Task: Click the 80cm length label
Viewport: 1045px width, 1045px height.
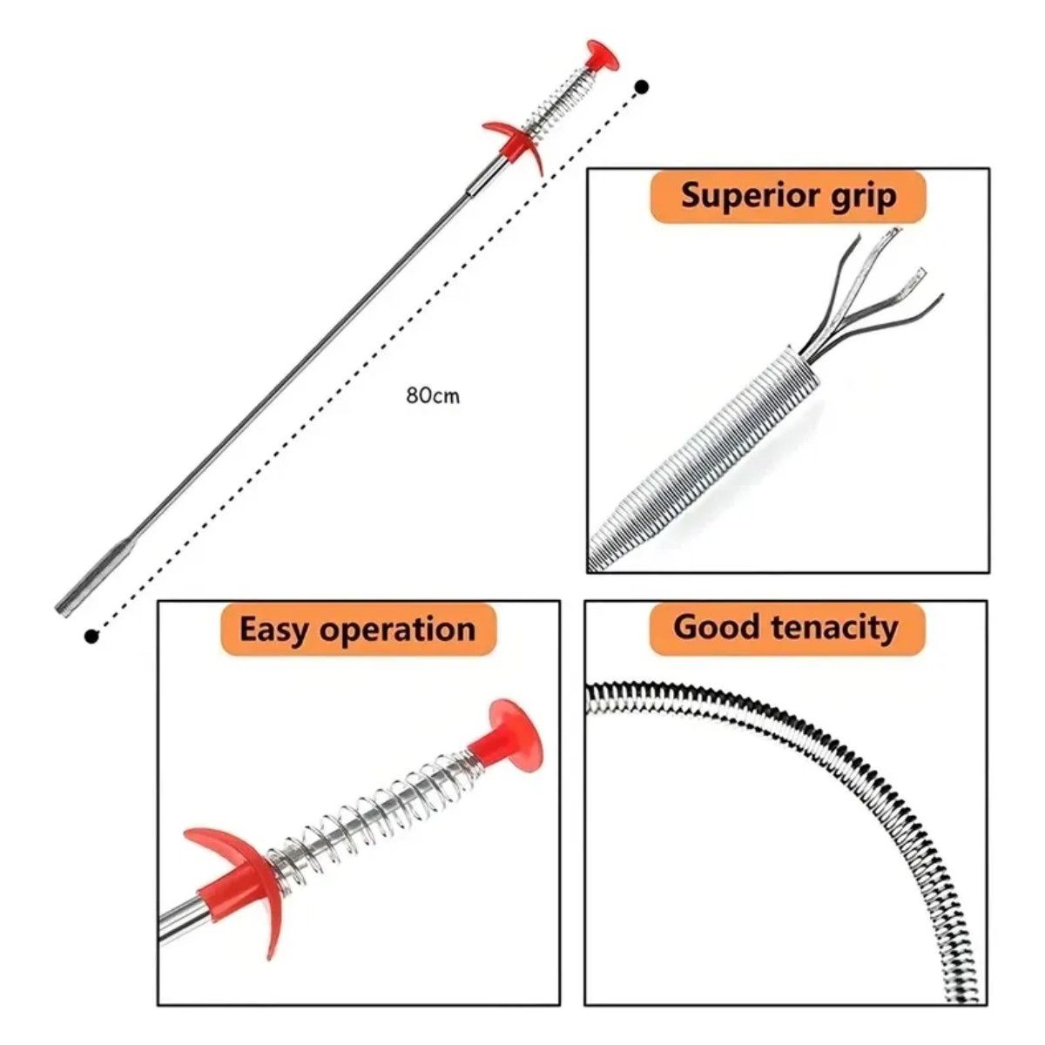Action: click(433, 396)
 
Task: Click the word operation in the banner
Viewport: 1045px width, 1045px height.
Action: click(397, 630)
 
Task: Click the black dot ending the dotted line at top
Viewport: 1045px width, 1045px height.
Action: click(643, 86)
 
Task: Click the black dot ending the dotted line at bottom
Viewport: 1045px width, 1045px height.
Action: click(91, 636)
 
